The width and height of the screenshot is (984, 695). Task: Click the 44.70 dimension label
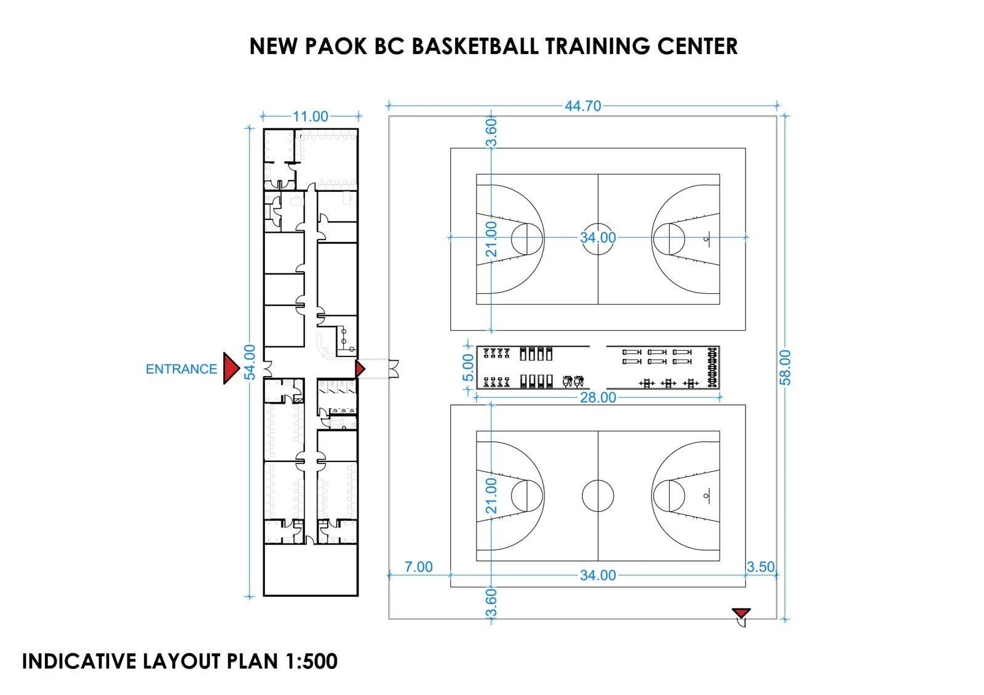click(582, 106)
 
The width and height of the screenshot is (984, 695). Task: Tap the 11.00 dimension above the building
click(310, 117)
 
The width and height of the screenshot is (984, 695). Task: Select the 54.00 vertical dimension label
click(250, 362)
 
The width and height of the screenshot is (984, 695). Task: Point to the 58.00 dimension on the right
click(785, 367)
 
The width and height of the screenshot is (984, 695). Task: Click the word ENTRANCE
click(181, 369)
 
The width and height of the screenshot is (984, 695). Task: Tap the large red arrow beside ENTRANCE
click(231, 368)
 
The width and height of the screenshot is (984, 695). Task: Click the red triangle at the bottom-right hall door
click(741, 613)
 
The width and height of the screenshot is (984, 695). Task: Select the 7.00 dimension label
click(418, 567)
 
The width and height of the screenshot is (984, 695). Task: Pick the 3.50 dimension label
click(760, 567)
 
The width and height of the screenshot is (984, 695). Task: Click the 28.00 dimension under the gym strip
click(598, 398)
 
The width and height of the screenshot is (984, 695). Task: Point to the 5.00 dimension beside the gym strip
click(468, 367)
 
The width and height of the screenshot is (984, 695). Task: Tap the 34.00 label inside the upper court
click(598, 238)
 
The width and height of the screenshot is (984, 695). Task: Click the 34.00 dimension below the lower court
click(598, 575)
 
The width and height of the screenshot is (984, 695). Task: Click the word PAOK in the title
click(336, 47)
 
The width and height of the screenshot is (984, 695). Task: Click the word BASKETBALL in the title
click(475, 47)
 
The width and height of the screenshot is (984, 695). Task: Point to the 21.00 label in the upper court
click(491, 239)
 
